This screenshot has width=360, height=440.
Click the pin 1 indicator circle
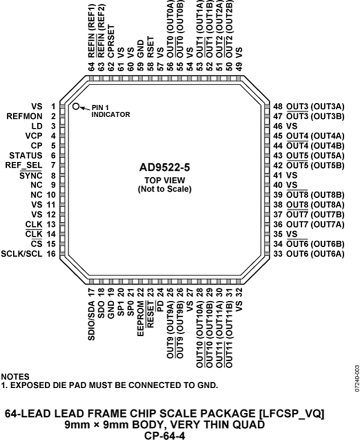(x=76, y=106)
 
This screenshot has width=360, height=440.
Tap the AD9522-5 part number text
(x=164, y=167)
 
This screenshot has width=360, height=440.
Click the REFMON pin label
(x=25, y=116)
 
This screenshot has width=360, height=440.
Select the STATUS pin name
(x=26, y=155)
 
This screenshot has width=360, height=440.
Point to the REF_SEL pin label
(x=24, y=165)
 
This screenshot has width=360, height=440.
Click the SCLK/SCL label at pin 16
(x=22, y=254)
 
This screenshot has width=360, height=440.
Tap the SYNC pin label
(x=31, y=176)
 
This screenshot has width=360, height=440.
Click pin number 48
(x=278, y=106)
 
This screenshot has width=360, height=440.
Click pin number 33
(x=278, y=254)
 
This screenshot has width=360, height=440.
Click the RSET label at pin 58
(x=150, y=47)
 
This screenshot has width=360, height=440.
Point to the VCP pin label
(x=34, y=136)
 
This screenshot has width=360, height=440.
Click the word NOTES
(x=15, y=377)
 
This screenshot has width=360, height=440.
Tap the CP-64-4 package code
(x=164, y=436)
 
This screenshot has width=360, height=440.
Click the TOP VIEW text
(x=164, y=180)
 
